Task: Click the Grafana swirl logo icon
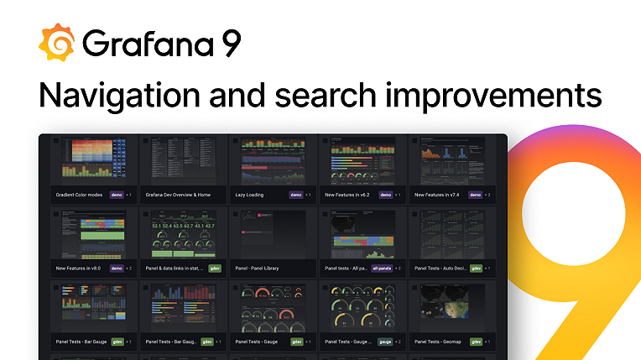coord(57,43)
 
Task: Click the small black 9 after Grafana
coord(230,44)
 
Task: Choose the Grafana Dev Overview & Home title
coord(178,195)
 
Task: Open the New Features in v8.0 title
coord(77,269)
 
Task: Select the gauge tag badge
coord(385,342)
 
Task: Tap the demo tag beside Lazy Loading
coord(295,195)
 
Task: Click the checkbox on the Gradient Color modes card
coord(55,141)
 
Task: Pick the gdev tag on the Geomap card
coord(476,342)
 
